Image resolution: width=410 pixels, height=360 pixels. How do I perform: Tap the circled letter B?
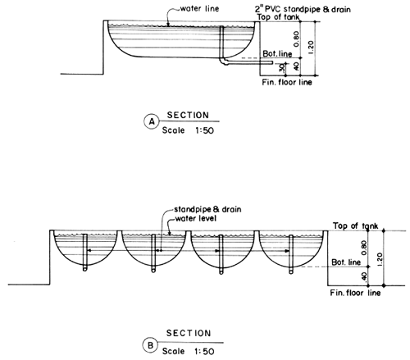coord(151,345)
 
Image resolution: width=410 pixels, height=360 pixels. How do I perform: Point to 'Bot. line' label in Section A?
coord(273,54)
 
